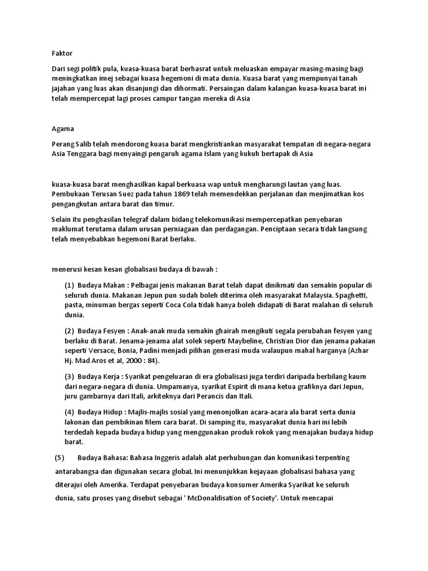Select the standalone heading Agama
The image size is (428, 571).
coord(62,129)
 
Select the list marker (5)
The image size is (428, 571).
coord(60,458)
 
